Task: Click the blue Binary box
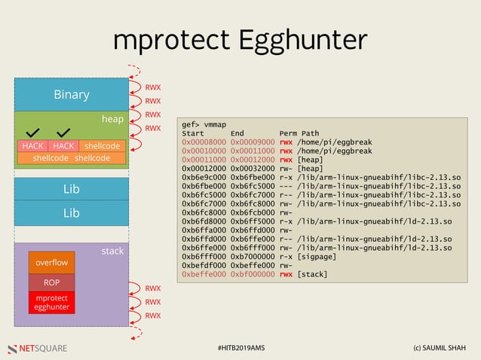(71, 95)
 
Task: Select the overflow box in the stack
(51, 263)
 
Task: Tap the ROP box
(51, 282)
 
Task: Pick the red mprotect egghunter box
(51, 302)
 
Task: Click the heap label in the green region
(112, 118)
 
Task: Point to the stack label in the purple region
(112, 251)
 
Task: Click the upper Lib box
(71, 191)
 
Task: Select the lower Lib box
(71, 213)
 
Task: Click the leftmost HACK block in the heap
(32, 145)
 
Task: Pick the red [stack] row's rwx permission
(286, 274)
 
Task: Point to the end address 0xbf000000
(252, 274)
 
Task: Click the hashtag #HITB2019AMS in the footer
(240, 348)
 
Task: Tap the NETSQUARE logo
(37, 348)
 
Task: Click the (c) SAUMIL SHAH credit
(440, 348)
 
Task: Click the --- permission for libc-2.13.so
(286, 188)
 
